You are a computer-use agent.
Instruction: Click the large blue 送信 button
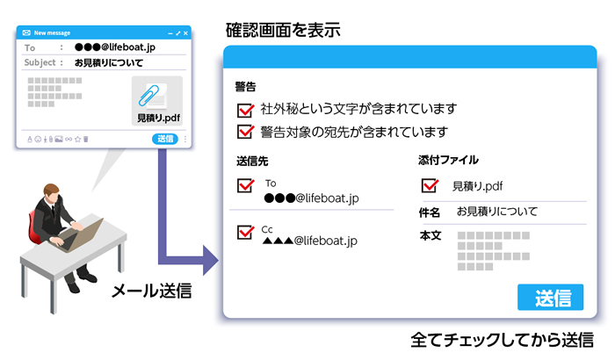tap(550, 297)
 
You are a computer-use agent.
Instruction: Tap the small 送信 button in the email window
tap(165, 139)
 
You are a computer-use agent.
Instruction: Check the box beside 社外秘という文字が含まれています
tap(245, 110)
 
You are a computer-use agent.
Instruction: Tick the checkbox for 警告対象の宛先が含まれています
tap(245, 133)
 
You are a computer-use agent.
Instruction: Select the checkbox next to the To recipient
tap(245, 186)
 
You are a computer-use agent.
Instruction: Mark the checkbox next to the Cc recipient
tap(245, 233)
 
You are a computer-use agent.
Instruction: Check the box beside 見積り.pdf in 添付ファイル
tap(430, 185)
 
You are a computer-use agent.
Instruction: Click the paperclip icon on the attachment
tap(157, 94)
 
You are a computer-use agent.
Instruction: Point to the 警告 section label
tap(246, 87)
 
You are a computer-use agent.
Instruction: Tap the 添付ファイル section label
tap(448, 161)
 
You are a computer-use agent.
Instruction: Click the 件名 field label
tap(430, 212)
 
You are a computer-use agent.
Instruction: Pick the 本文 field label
tap(430, 236)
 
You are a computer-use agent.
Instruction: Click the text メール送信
tap(150, 291)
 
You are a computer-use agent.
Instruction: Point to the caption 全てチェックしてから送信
tap(502, 342)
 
